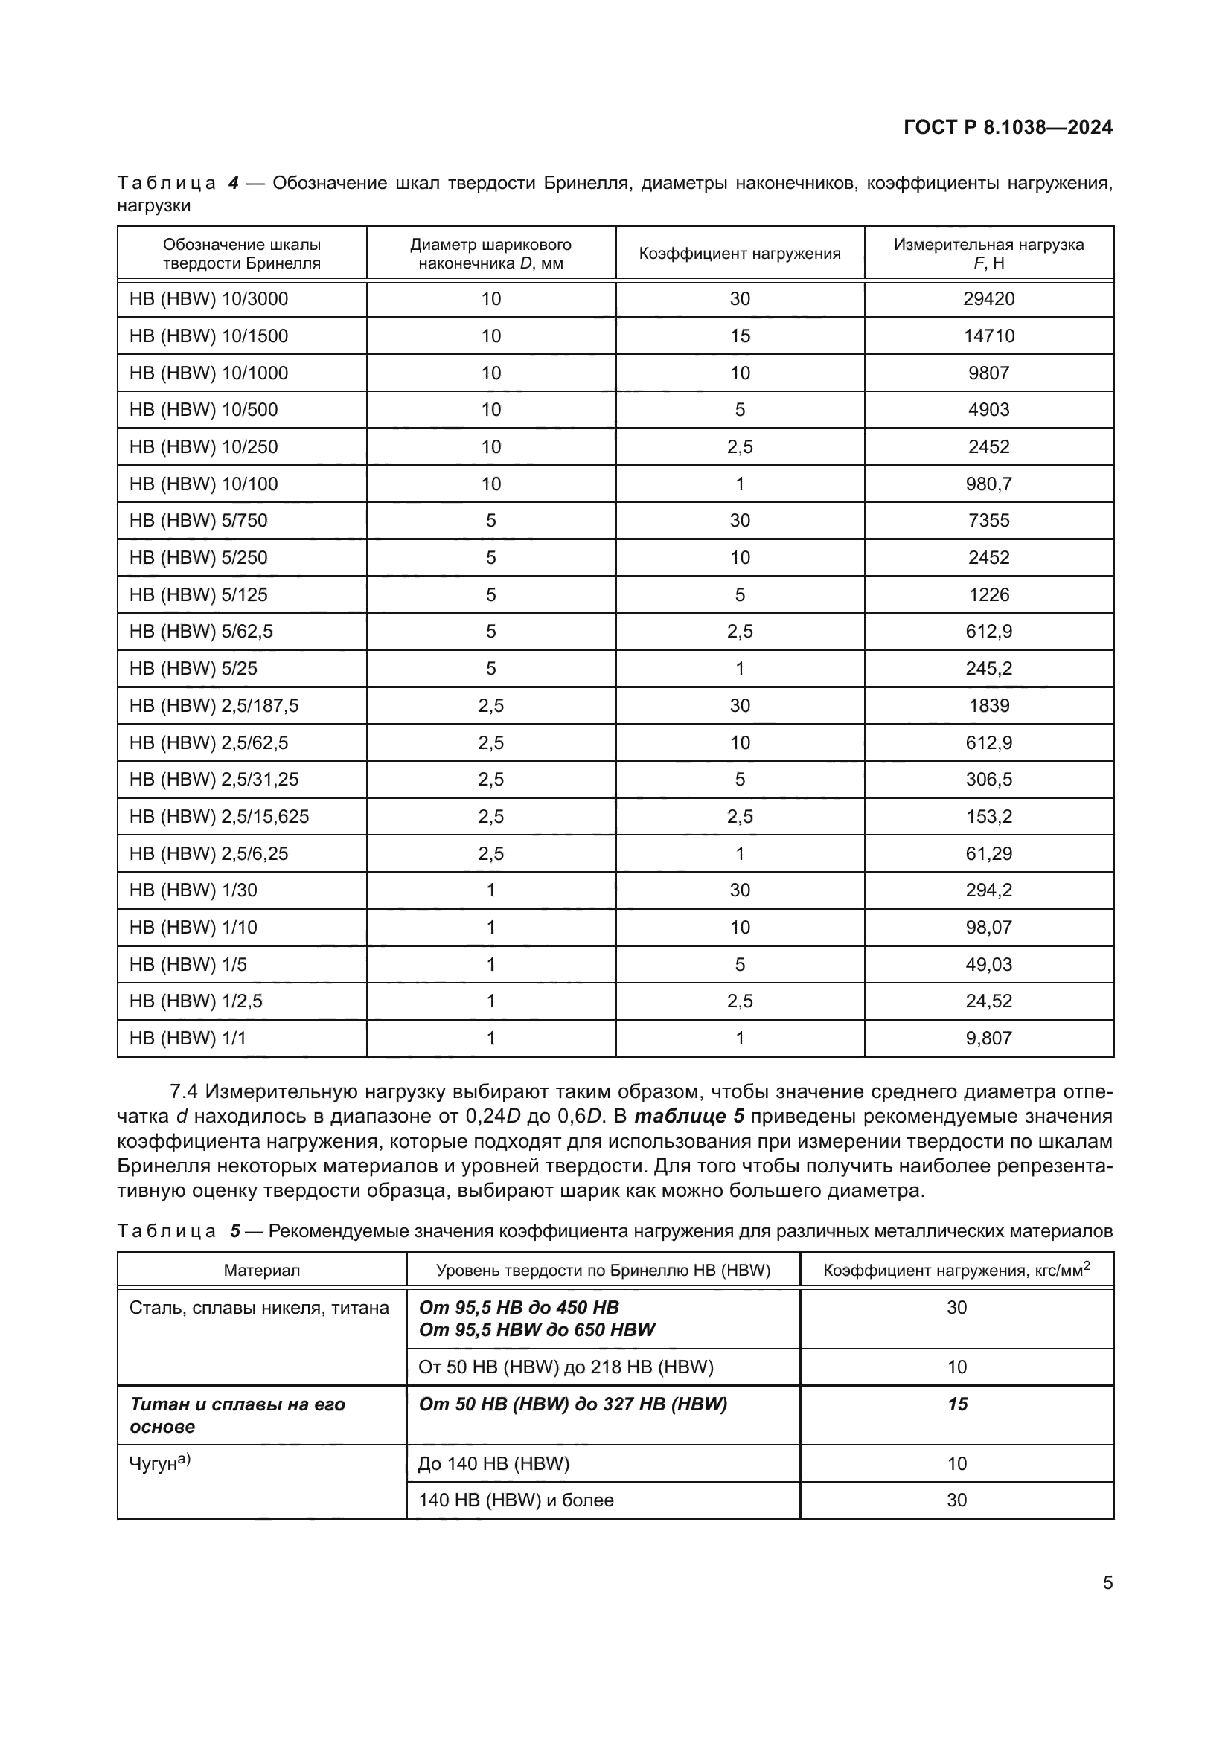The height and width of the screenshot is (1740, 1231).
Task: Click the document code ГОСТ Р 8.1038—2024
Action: pos(1008,127)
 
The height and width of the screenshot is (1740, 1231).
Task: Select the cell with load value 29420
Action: pos(988,298)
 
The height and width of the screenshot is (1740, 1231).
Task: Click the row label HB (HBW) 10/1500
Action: pos(208,336)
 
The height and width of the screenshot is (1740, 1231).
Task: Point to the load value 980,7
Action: pos(988,484)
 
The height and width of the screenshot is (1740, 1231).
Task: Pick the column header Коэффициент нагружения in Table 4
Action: pos(739,254)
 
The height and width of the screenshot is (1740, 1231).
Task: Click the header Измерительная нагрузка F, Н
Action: pos(988,254)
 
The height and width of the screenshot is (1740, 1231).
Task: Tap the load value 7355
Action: pos(988,521)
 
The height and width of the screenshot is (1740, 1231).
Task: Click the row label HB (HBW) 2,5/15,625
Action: pos(219,816)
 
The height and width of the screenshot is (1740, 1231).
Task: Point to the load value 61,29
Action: pos(988,853)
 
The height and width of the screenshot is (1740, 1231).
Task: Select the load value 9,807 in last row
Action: pos(988,1038)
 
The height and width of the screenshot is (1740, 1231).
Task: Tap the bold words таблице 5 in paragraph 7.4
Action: pos(689,1117)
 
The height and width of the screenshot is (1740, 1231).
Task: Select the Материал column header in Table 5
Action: pos(261,1271)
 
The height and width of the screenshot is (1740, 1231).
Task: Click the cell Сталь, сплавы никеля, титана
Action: pos(259,1307)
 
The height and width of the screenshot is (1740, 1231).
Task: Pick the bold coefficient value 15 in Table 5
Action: pos(956,1404)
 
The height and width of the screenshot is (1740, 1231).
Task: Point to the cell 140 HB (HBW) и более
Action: pos(516,1500)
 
